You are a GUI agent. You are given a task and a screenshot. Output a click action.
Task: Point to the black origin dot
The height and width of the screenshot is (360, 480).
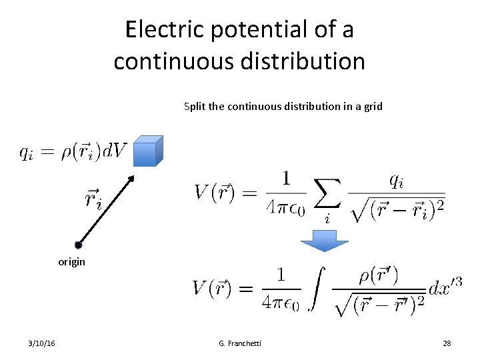click(78, 245)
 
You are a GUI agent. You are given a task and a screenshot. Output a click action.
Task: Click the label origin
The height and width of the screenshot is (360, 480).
click(71, 262)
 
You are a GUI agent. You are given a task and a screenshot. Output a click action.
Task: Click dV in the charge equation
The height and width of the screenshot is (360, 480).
click(114, 152)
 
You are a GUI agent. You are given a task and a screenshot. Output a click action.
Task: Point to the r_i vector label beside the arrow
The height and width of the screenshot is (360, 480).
click(93, 198)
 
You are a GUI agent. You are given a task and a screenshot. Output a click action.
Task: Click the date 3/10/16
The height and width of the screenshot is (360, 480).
click(42, 343)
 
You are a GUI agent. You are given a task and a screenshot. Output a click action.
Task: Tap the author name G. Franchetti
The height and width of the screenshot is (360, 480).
click(240, 343)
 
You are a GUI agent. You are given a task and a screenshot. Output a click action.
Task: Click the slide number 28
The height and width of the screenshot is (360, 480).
click(447, 343)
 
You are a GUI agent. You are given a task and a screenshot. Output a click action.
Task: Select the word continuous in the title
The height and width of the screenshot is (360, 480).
click(176, 61)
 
